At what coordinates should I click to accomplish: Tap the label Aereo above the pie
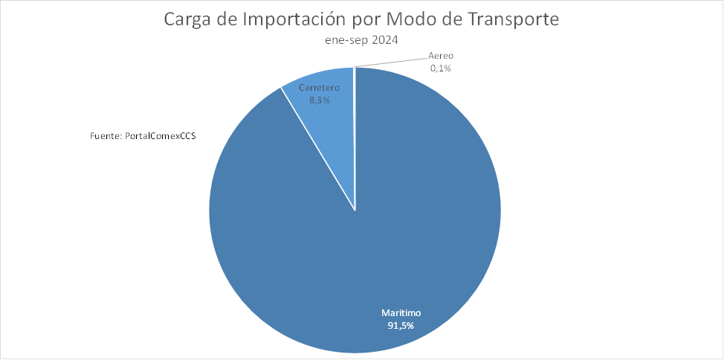[441, 56]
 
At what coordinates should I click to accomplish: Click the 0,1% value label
[441, 68]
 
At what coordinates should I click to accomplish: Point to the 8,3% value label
[320, 100]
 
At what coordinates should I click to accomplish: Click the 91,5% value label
[401, 325]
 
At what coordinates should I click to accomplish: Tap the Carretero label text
[320, 88]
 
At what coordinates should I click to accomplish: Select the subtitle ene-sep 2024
[362, 41]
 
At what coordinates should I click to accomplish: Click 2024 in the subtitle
[385, 41]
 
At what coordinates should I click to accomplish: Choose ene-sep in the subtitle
[348, 41]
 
